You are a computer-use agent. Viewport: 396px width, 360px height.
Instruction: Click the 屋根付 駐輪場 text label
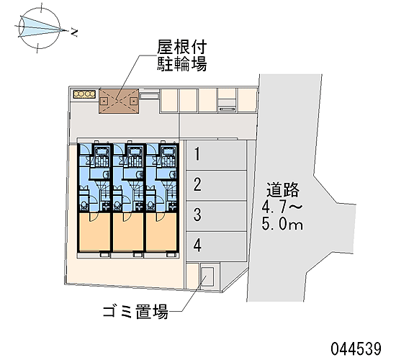click(x=182, y=55)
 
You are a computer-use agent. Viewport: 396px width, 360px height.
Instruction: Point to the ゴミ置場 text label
click(x=135, y=312)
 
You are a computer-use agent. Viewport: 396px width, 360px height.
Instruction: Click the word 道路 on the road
click(x=283, y=190)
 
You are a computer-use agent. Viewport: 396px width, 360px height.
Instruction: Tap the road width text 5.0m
click(x=282, y=224)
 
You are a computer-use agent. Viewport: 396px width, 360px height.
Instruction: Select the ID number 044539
click(x=356, y=348)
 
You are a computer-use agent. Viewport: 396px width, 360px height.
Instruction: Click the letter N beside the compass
click(x=73, y=32)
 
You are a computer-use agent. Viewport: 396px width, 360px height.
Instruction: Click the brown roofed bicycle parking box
click(x=119, y=101)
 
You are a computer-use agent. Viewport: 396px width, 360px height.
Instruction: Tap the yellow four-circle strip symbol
click(x=84, y=94)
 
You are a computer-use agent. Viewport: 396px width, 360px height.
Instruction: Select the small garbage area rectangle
click(x=207, y=276)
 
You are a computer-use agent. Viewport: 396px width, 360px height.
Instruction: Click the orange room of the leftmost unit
click(x=94, y=232)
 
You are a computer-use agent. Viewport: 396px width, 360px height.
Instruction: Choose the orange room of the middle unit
click(x=127, y=232)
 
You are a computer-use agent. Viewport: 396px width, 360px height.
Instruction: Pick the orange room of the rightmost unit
click(x=161, y=232)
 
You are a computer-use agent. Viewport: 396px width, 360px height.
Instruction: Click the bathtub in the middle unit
click(x=135, y=151)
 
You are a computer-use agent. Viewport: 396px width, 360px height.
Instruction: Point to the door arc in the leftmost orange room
click(x=94, y=218)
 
